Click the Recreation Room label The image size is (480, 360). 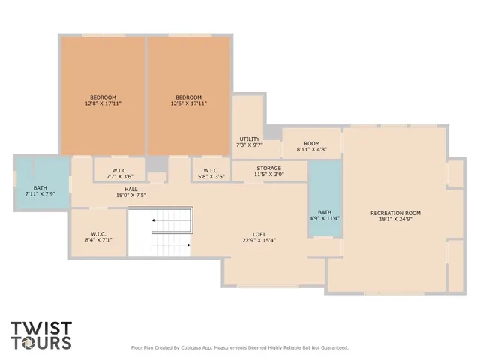pyautogui.click(x=395, y=213)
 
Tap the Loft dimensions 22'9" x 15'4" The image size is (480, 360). pyautogui.click(x=259, y=240)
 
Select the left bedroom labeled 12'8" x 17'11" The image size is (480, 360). pyautogui.click(x=103, y=100)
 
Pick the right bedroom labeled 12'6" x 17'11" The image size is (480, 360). pyautogui.click(x=188, y=100)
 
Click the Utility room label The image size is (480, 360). pyautogui.click(x=249, y=139)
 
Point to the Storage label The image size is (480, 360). pyautogui.click(x=268, y=168)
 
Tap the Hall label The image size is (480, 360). pyautogui.click(x=130, y=189)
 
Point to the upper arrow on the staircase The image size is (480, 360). pyautogui.click(x=156, y=220)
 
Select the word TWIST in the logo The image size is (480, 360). pyautogui.click(x=40, y=328)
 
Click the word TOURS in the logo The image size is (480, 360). pyautogui.click(x=40, y=343)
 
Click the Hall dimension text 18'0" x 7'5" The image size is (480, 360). pyautogui.click(x=130, y=196)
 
